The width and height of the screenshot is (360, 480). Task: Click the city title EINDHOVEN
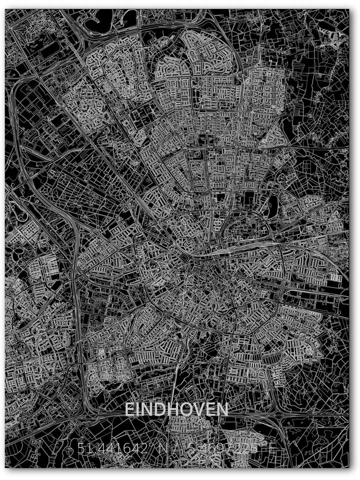176,409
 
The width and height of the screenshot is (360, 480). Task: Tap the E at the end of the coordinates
271,449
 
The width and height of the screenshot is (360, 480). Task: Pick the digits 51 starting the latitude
84,449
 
